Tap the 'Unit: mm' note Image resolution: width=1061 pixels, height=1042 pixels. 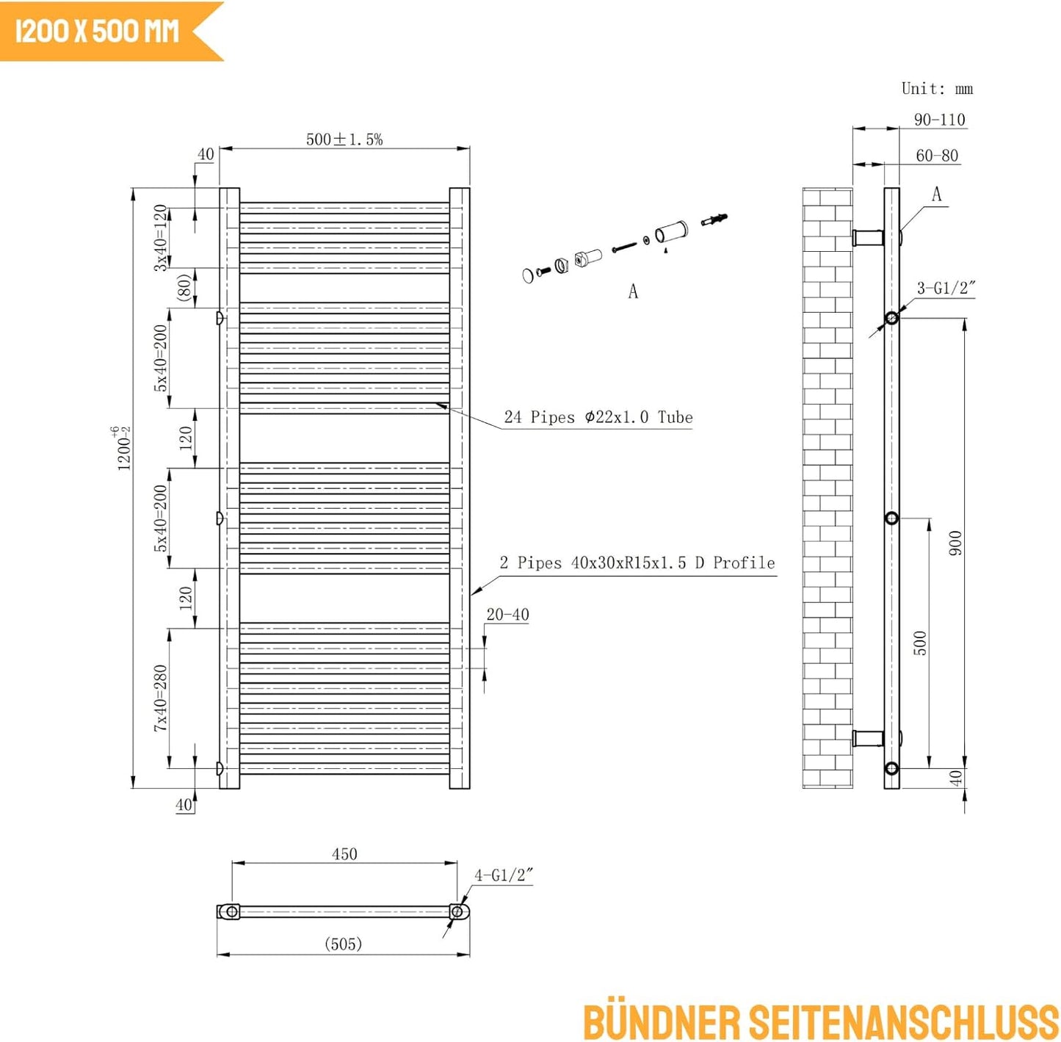point(937,89)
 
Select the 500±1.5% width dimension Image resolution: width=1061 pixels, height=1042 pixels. point(344,140)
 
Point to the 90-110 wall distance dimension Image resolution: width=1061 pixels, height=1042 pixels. point(939,120)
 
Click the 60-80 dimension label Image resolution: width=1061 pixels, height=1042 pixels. point(937,156)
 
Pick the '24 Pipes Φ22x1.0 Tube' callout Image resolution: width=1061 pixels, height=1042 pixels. point(598,417)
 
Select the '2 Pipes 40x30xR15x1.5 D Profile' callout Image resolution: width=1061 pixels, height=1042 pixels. point(637,562)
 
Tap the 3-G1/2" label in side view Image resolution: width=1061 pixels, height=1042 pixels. point(946,288)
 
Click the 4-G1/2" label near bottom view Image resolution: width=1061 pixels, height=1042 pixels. point(504,875)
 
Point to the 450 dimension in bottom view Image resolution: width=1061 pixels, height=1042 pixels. point(344,854)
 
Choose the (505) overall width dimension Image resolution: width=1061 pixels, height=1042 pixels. point(343,944)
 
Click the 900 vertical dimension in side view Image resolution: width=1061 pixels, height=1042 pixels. point(956,543)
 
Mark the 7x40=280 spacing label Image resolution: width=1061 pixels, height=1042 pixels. point(160,698)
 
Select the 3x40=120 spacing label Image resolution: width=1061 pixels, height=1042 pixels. point(160,237)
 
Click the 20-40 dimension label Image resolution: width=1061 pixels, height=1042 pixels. point(507,614)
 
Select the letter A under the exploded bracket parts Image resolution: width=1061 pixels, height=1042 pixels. point(633,291)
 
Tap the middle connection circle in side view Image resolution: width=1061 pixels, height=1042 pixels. point(891,518)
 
